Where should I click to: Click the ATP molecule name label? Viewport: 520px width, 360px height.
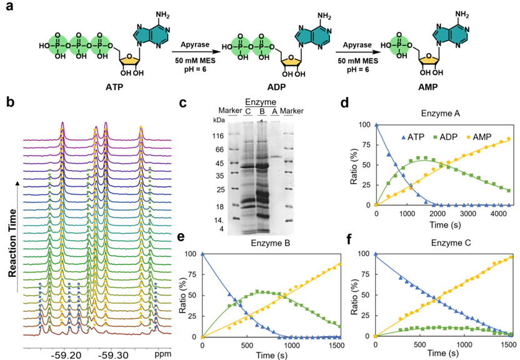click(114, 87)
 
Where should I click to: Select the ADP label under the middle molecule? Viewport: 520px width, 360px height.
click(277, 87)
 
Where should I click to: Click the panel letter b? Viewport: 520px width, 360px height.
click(11, 102)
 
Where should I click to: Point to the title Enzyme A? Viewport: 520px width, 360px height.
click(441, 113)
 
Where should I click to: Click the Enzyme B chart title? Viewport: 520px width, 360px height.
click(270, 243)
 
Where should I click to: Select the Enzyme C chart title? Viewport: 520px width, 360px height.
click(451, 243)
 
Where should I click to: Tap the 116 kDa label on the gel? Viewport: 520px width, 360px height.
click(218, 136)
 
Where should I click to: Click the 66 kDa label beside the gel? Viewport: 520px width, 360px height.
click(220, 149)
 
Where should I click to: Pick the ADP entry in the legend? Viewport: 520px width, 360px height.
click(445, 137)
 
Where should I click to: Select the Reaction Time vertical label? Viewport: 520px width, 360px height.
click(12, 243)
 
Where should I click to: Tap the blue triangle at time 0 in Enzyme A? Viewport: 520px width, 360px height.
click(376, 124)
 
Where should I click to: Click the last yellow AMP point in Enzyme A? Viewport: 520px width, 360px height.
click(509, 139)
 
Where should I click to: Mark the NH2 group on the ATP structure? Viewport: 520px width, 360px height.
click(162, 15)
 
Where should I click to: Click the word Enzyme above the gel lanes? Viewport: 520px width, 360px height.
click(261, 102)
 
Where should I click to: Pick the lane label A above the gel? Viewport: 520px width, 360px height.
click(274, 112)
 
